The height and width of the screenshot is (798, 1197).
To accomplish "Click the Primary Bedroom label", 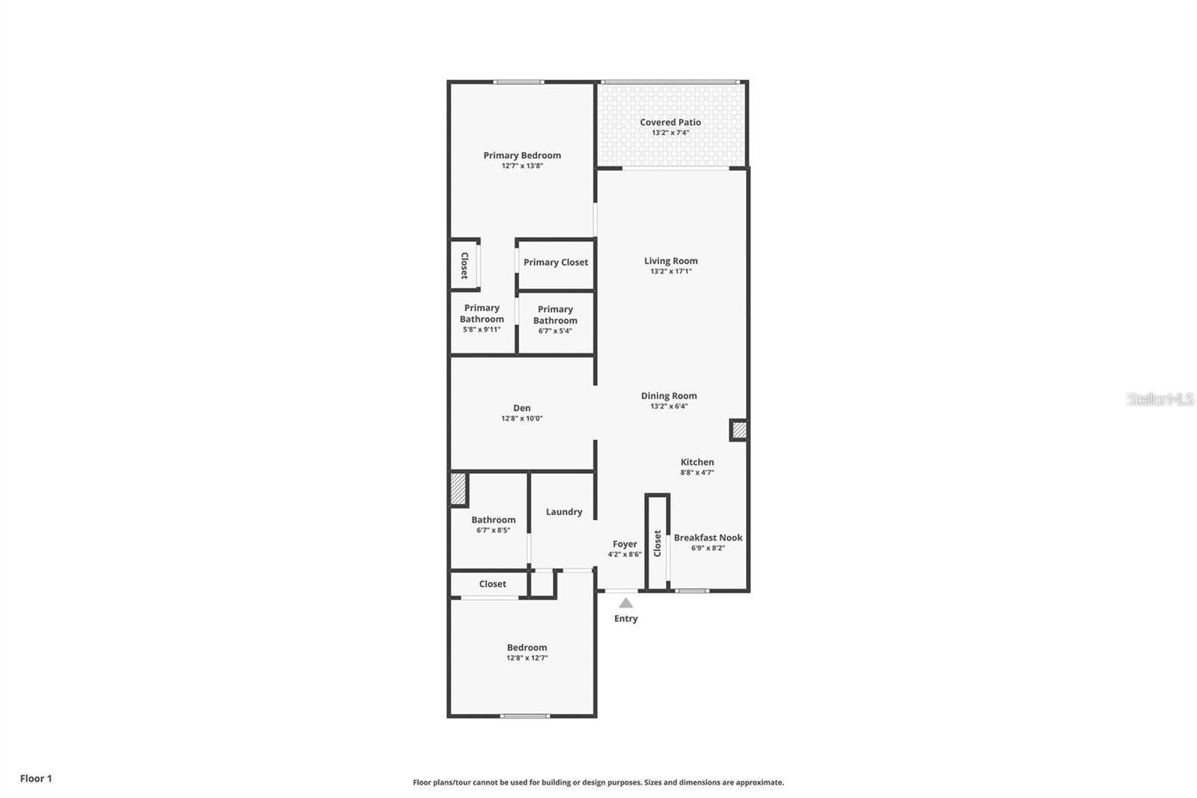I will pos(521,156).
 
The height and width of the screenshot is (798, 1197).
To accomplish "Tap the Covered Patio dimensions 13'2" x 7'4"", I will pos(670,133).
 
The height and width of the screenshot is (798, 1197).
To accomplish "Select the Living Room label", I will pos(670,261).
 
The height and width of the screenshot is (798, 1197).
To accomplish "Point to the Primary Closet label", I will pos(555,263).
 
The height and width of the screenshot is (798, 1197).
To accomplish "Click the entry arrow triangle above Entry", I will pos(625,603).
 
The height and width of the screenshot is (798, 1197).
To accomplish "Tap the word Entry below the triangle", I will pos(625,618).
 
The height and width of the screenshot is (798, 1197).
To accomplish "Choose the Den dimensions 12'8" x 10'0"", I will pos(521,419).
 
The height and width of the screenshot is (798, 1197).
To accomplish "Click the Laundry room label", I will pos(563,512).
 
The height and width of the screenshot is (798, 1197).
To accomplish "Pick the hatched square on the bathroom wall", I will pos(458,490).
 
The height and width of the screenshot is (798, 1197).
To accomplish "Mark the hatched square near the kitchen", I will pos(738,430).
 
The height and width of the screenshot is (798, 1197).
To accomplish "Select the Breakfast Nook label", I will pos(708,537).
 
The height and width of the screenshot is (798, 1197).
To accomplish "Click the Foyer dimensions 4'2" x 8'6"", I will pos(624,555).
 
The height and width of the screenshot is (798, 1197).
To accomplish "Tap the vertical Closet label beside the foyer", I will pos(658,543).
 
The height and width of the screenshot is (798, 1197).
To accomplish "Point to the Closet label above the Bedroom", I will pos(492,584).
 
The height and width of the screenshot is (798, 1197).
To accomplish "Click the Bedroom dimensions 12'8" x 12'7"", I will pos(527,658).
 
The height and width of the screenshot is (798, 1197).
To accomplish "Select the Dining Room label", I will pos(669,396).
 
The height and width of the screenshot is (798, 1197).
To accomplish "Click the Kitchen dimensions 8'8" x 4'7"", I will pos(697,473).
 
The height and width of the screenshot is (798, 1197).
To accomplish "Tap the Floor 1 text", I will pos(36,779).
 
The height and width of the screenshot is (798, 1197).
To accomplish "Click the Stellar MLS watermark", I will pos(1160,400).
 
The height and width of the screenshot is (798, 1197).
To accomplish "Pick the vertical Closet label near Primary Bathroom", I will pos(465,266).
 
